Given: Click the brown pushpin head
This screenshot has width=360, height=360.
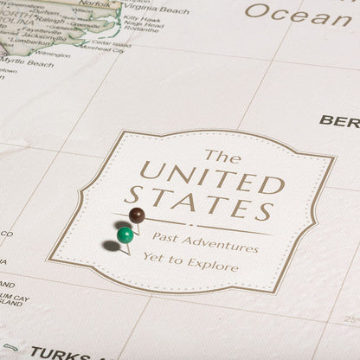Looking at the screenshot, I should point(136,215).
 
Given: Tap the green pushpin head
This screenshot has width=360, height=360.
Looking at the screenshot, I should point(125,235).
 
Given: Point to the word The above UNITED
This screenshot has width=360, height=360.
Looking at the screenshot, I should point(222,157).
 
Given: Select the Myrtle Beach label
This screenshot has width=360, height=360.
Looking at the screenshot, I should point(31,63).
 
